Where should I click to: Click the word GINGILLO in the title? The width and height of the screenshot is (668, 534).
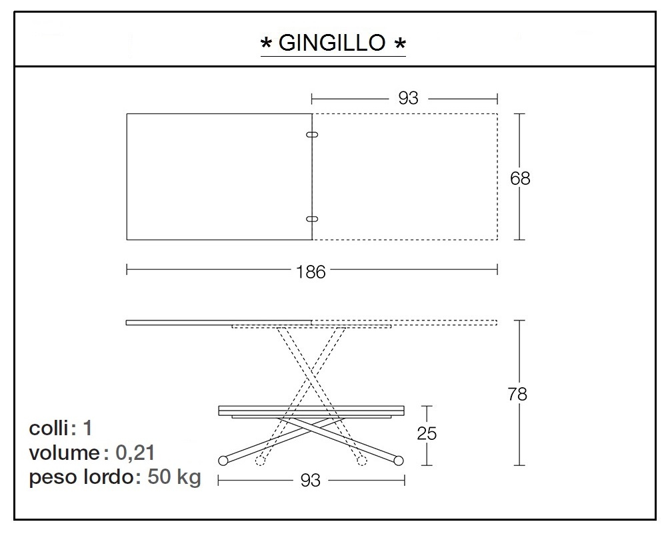(332, 43)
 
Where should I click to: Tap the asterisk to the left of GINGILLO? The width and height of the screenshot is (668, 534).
(266, 45)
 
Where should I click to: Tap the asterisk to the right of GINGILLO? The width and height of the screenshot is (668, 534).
(399, 45)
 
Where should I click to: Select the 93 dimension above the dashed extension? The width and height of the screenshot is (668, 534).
(408, 98)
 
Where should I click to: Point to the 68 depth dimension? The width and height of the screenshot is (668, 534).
(520, 178)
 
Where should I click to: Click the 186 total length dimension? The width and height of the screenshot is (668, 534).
(311, 271)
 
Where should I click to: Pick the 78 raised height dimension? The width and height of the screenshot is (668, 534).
(517, 394)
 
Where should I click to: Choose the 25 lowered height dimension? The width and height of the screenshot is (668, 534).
(427, 433)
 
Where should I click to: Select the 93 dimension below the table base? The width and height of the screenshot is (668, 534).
(310, 481)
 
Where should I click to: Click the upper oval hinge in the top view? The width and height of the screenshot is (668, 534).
(312, 135)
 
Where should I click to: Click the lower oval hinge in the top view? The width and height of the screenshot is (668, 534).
(312, 218)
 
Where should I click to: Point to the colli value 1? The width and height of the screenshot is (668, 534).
(87, 428)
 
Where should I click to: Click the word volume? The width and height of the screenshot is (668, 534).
(64, 453)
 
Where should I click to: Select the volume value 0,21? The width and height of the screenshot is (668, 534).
(135, 453)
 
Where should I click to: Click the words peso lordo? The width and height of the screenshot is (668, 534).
(81, 478)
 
